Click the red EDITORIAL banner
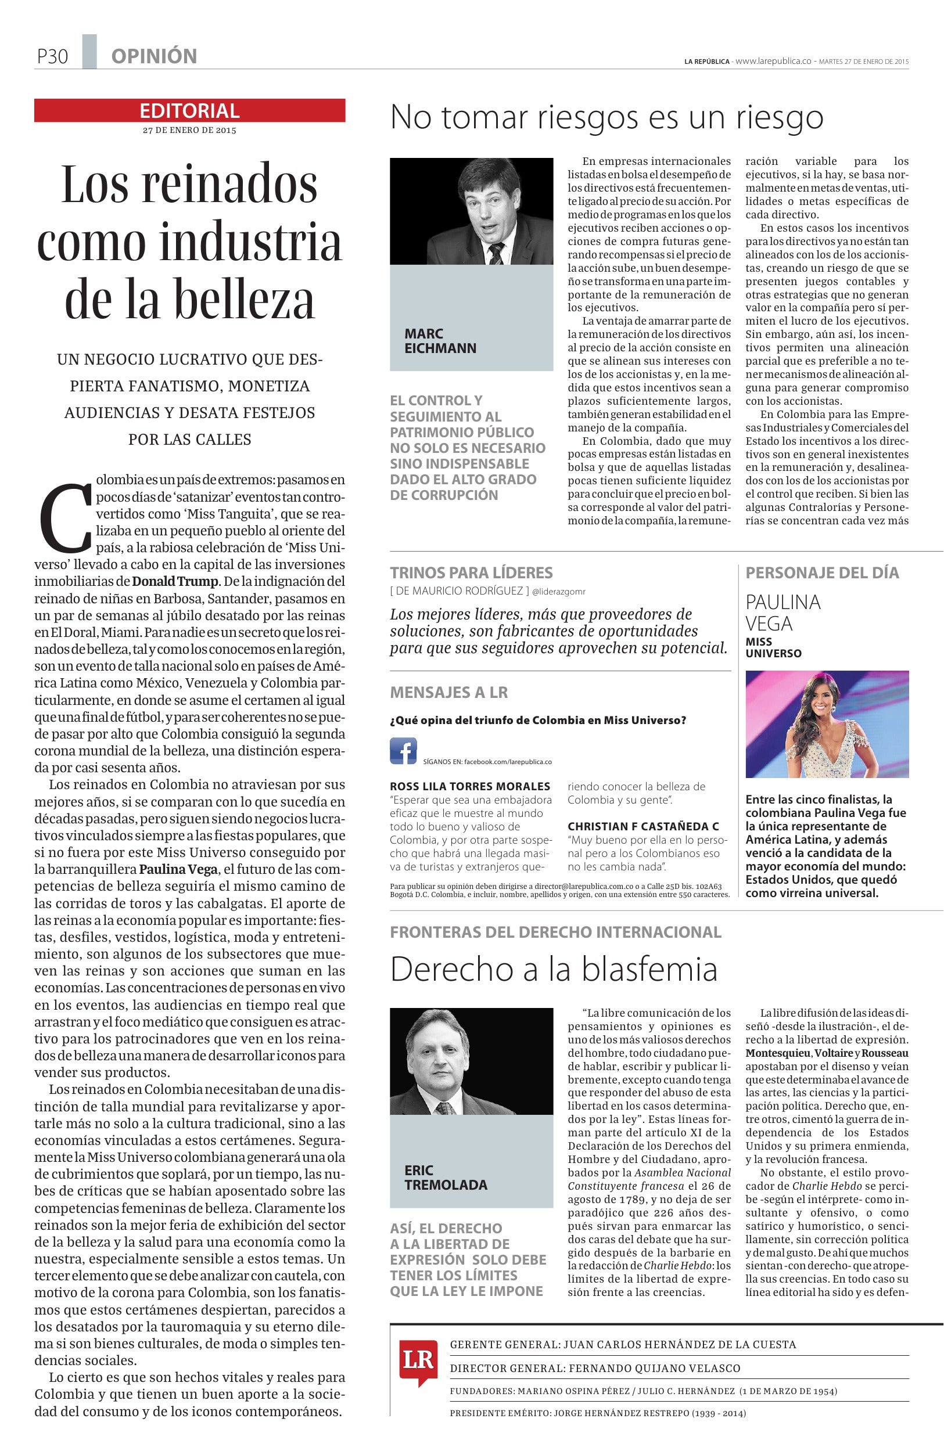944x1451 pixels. (189, 110)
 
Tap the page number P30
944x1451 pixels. (52, 57)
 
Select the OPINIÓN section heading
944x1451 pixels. (154, 57)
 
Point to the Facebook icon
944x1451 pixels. (403, 751)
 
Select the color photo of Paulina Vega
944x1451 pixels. (826, 723)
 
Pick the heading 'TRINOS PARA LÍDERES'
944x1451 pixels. (471, 573)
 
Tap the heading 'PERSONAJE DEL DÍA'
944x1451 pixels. (822, 573)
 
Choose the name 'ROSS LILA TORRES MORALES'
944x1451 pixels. (469, 786)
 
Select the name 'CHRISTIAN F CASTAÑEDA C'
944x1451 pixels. (643, 827)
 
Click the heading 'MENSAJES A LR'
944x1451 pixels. (448, 693)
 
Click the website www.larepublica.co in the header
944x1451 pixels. (773, 61)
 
